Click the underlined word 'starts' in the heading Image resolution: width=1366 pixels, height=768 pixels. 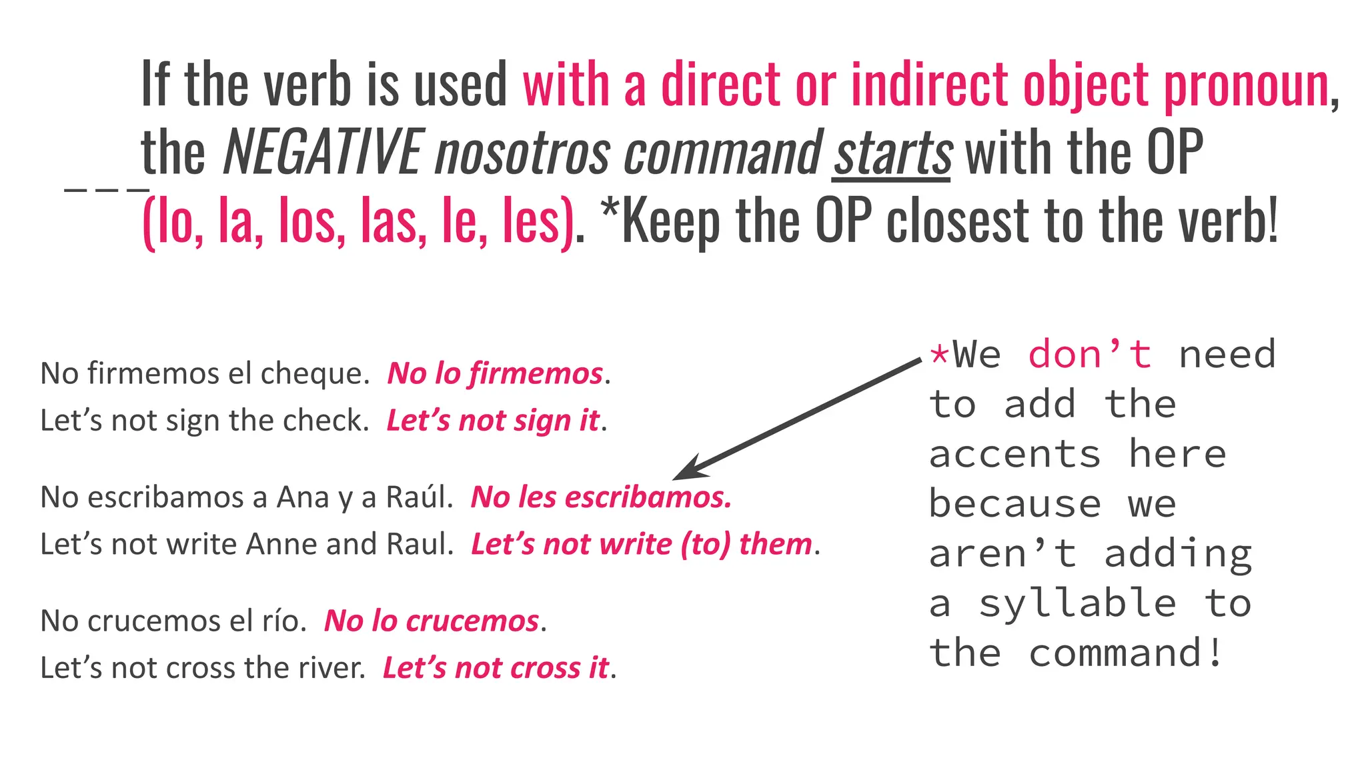click(x=891, y=153)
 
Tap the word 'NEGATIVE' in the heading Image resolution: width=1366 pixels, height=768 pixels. click(x=322, y=153)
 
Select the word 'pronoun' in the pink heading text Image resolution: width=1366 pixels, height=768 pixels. click(x=1246, y=85)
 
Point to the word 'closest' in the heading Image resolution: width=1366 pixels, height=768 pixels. click(x=958, y=221)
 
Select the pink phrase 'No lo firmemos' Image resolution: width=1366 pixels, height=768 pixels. click(x=495, y=374)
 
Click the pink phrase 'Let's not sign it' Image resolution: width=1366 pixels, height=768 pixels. click(x=493, y=421)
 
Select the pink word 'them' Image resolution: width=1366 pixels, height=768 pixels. click(x=775, y=545)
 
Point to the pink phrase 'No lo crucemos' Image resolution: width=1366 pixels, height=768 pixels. click(x=432, y=621)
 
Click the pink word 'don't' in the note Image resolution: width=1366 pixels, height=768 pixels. click(x=1089, y=354)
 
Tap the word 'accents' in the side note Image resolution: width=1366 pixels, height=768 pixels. click(x=1014, y=455)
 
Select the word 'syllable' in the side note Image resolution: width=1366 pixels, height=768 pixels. click(x=1077, y=604)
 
